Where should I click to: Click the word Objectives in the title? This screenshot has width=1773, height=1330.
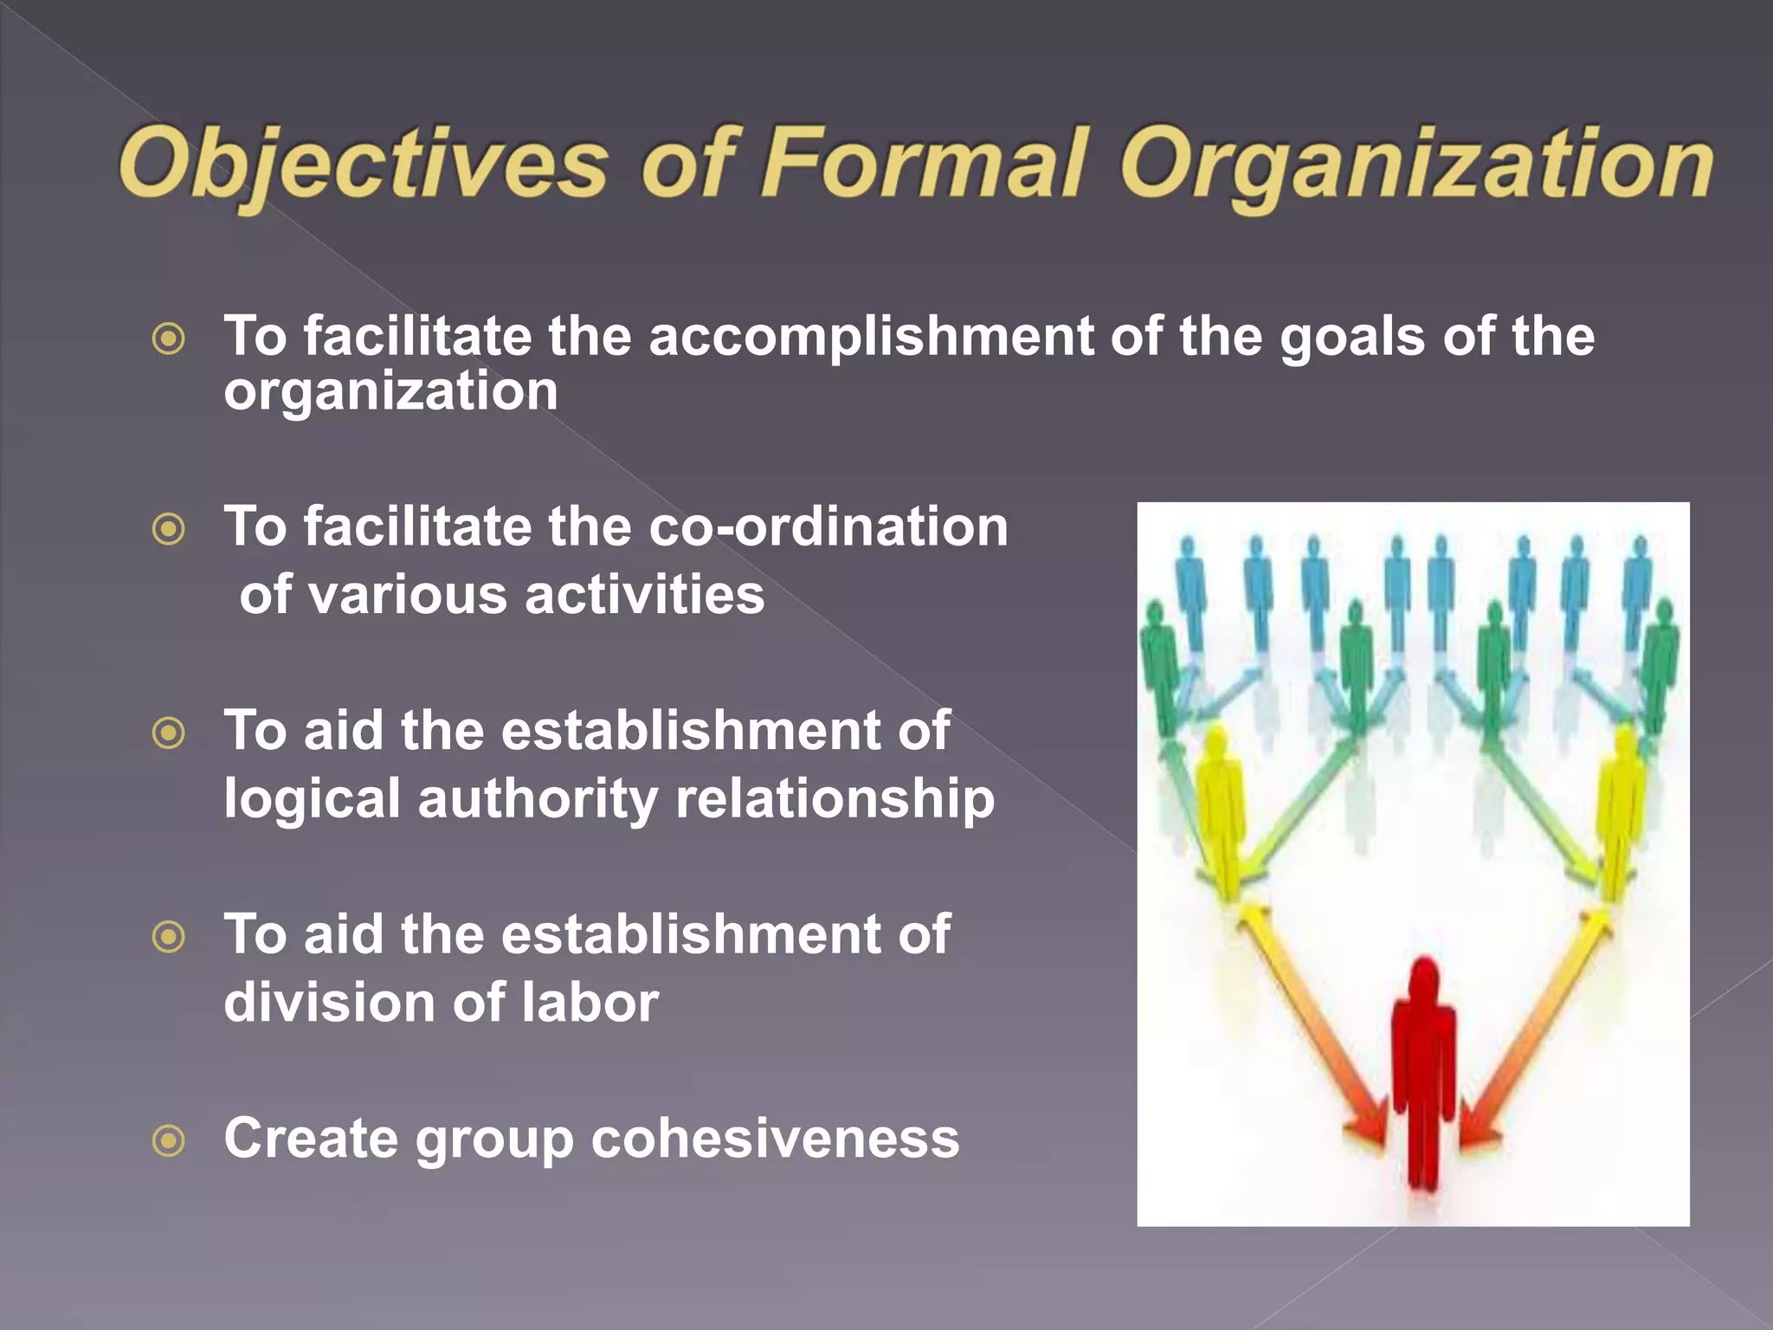(x=364, y=165)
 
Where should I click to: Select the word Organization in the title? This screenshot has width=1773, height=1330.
(x=1416, y=165)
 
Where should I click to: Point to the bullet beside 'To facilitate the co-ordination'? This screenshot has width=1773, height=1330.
(x=169, y=528)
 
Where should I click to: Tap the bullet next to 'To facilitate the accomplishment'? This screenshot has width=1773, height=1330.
(x=169, y=338)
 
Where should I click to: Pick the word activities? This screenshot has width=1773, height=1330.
(x=645, y=595)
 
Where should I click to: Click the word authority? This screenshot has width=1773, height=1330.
(x=538, y=798)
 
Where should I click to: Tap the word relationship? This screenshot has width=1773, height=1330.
(x=835, y=798)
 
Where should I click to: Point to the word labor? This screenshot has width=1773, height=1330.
(x=590, y=1002)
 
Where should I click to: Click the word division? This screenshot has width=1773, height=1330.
(x=329, y=1002)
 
